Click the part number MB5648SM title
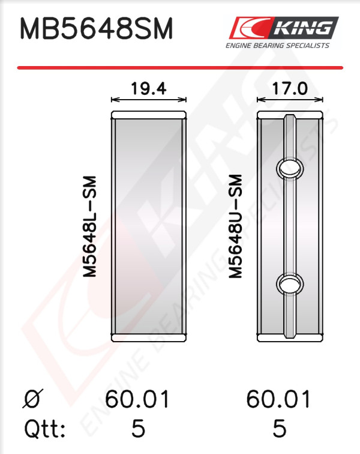pyautogui.click(x=97, y=28)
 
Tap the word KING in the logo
pyautogui.click(x=303, y=28)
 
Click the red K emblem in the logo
pyautogui.click(x=251, y=28)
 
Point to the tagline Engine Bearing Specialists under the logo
pyautogui.click(x=278, y=46)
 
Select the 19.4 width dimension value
pyautogui.click(x=149, y=88)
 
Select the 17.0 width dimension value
pyautogui.click(x=290, y=88)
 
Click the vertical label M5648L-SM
pyautogui.click(x=89, y=226)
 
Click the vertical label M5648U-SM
pyautogui.click(x=235, y=226)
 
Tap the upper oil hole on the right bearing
pyautogui.click(x=290, y=168)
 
